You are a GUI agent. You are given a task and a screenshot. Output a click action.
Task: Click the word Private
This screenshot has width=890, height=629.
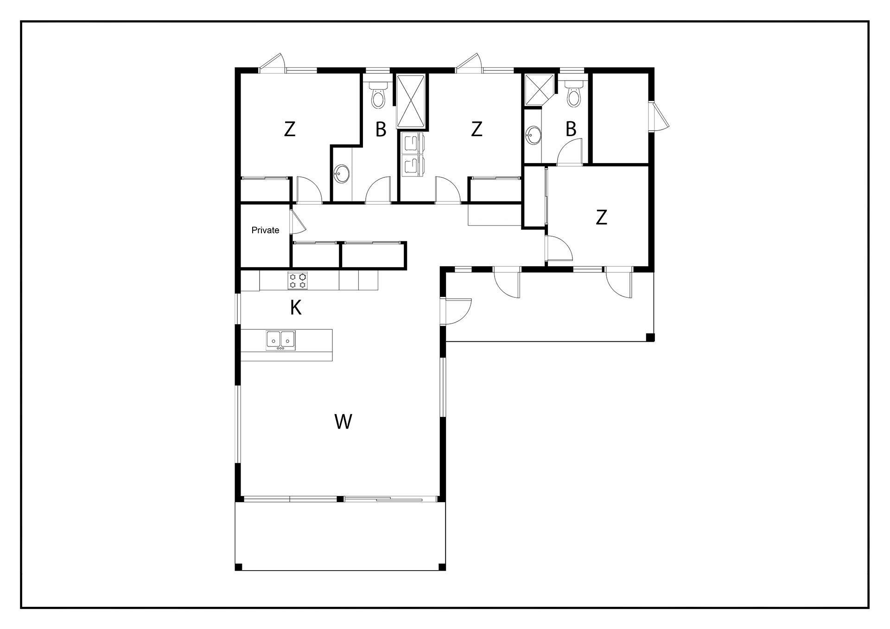pyautogui.click(x=265, y=230)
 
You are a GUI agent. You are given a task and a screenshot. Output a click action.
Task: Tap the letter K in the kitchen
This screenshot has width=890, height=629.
pyautogui.click(x=296, y=308)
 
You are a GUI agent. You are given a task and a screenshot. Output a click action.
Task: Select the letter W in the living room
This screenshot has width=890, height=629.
pyautogui.click(x=343, y=421)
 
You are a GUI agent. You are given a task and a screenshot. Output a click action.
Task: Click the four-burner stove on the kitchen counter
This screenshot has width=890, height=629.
pyautogui.click(x=298, y=281)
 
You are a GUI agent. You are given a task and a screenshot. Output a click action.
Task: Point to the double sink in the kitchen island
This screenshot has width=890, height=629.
pyautogui.click(x=281, y=340)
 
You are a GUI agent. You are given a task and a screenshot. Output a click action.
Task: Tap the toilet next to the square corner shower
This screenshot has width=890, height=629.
pyautogui.click(x=574, y=94)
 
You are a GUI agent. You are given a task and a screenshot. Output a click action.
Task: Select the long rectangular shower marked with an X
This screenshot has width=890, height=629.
pyautogui.click(x=411, y=101)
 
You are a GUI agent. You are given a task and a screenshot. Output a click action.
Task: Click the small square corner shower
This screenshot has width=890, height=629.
pyautogui.click(x=539, y=90)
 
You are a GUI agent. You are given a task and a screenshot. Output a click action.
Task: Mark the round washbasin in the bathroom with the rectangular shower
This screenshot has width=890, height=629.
pyautogui.click(x=343, y=174)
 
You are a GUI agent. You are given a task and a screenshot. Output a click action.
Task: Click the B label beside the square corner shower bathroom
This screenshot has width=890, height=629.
pyautogui.click(x=571, y=129)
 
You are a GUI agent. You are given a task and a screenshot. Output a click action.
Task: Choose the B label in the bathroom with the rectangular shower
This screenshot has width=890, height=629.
pyautogui.click(x=381, y=130)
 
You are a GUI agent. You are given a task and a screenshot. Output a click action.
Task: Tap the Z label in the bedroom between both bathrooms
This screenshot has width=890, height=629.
pyautogui.click(x=477, y=129)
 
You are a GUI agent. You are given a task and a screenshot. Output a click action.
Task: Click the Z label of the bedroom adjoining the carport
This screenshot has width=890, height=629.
pyautogui.click(x=601, y=217)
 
